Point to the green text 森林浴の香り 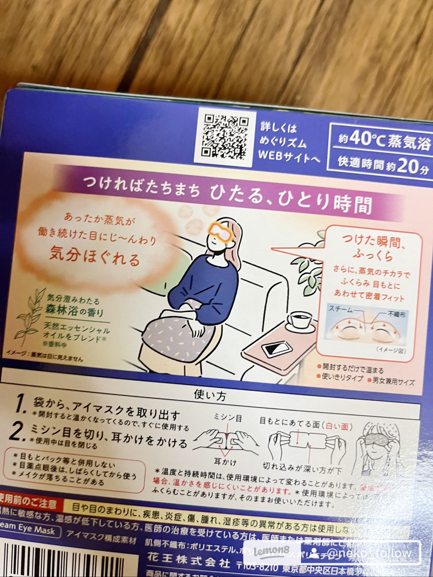pyautogui.click(x=74, y=310)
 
